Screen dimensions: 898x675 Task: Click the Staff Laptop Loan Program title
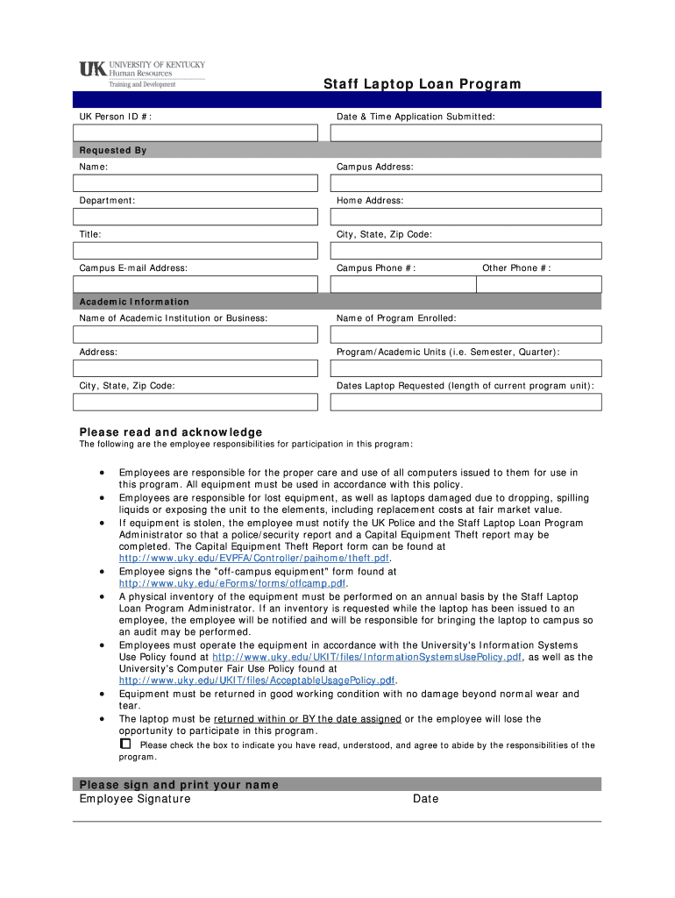pos(422,84)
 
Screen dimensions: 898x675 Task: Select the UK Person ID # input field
pos(195,132)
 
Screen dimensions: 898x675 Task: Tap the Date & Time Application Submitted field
pos(465,132)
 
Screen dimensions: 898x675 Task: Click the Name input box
pos(195,183)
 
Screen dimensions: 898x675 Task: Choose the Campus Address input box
pos(465,183)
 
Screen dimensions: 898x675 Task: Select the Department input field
pos(195,217)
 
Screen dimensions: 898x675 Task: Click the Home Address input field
pos(465,217)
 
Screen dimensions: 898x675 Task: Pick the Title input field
pos(195,251)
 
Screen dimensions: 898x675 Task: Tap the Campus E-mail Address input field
pos(195,284)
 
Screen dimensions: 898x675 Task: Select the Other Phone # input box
pos(540,284)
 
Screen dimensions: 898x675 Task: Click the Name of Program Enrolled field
pos(465,335)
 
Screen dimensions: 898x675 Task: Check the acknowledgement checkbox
pos(124,744)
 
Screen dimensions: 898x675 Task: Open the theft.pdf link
pos(254,559)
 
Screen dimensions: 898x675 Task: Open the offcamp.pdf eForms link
pos(233,583)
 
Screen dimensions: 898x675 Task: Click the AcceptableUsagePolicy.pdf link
pos(258,681)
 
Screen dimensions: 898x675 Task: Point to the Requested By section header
pos(113,150)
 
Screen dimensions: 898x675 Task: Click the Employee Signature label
pos(135,799)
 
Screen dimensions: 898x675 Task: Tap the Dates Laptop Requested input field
pos(465,402)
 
